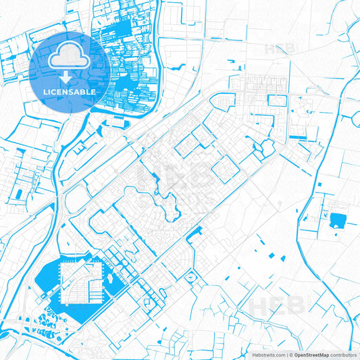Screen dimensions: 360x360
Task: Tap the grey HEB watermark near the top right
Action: pos(278,48)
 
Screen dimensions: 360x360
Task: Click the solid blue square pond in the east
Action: pos(336,219)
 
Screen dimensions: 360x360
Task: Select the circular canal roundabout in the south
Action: pos(190,278)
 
